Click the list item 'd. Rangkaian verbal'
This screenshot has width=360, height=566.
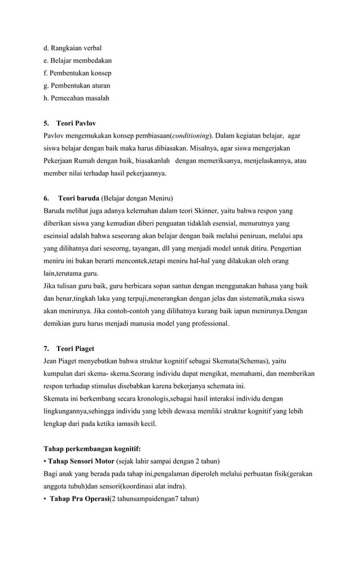click(x=72, y=48)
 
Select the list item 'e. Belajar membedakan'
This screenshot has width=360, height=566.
click(x=77, y=60)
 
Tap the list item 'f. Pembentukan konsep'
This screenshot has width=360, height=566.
click(x=77, y=73)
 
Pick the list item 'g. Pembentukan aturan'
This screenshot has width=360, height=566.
click(x=77, y=86)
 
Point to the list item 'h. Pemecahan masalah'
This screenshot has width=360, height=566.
click(x=76, y=98)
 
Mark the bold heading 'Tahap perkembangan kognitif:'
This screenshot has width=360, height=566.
click(x=92, y=449)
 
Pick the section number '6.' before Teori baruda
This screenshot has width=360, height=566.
click(x=46, y=199)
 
